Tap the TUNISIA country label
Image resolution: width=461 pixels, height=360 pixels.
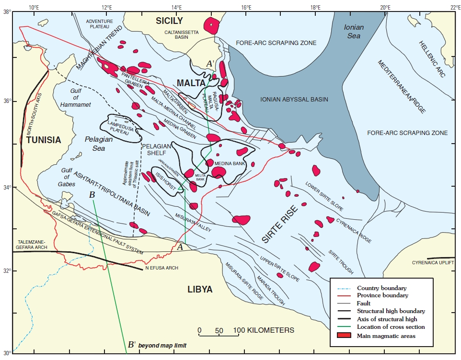point(44,140)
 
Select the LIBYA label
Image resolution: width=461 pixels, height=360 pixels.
point(200,289)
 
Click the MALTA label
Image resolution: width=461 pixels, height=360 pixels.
point(191,83)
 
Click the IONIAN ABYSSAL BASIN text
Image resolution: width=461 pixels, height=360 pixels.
point(294,100)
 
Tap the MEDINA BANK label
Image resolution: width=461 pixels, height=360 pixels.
point(226,164)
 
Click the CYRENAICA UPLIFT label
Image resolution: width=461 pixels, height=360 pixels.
point(433,263)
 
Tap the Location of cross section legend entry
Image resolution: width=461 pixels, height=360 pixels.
point(391,327)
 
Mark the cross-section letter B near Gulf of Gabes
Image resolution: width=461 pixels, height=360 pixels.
point(92,195)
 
